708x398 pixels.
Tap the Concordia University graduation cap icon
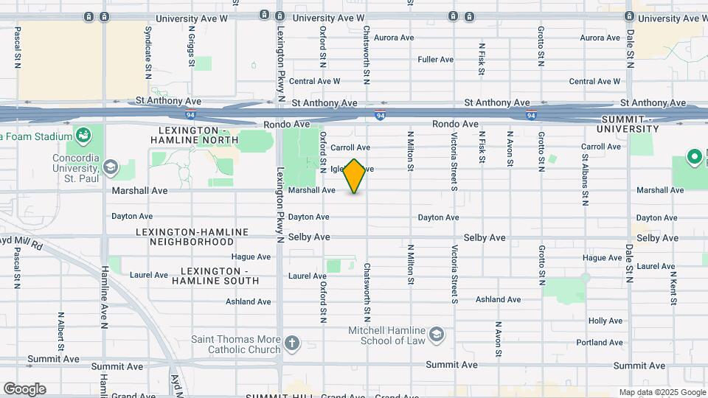click(x=111, y=167)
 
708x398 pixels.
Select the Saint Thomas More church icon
click(x=293, y=343)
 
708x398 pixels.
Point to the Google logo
click(x=24, y=389)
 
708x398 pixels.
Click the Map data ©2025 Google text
click(x=662, y=392)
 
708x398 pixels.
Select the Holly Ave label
click(x=605, y=321)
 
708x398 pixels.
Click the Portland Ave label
click(x=600, y=343)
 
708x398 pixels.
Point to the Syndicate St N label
click(x=148, y=49)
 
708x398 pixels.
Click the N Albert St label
click(x=61, y=332)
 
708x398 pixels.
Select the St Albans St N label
click(x=585, y=178)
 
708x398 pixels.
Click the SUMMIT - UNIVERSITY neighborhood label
click(x=629, y=124)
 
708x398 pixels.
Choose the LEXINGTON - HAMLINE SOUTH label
click(x=215, y=276)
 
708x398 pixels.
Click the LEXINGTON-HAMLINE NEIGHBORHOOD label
click(x=192, y=237)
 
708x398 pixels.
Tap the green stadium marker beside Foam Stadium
click(x=83, y=136)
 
